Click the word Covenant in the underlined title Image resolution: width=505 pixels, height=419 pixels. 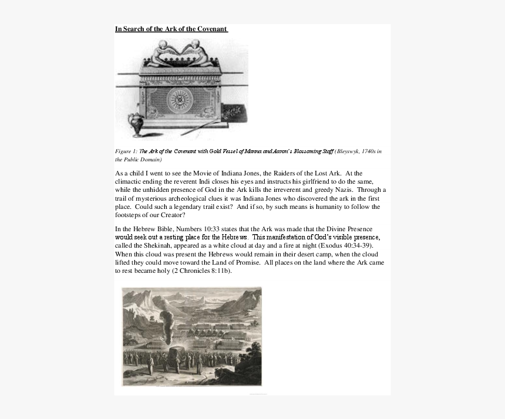click(209, 29)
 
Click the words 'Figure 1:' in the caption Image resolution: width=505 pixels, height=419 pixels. click(126, 151)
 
